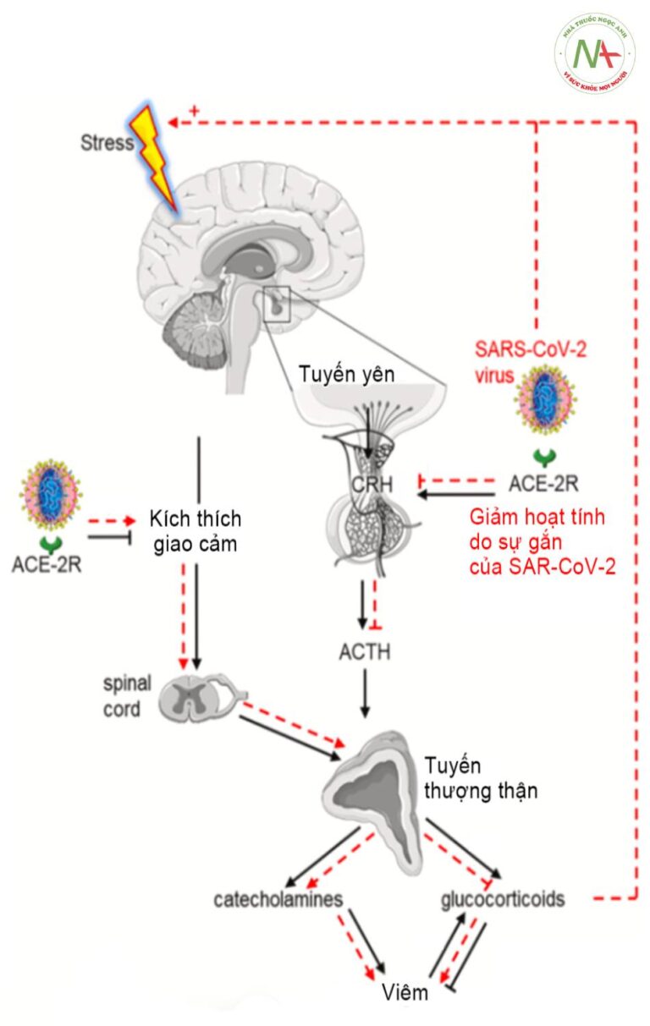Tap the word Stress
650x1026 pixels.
click(107, 142)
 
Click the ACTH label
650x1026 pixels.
click(364, 652)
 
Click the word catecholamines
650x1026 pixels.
click(278, 898)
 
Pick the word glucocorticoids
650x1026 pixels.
click(503, 898)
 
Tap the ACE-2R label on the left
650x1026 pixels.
click(47, 563)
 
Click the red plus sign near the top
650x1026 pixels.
click(194, 111)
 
